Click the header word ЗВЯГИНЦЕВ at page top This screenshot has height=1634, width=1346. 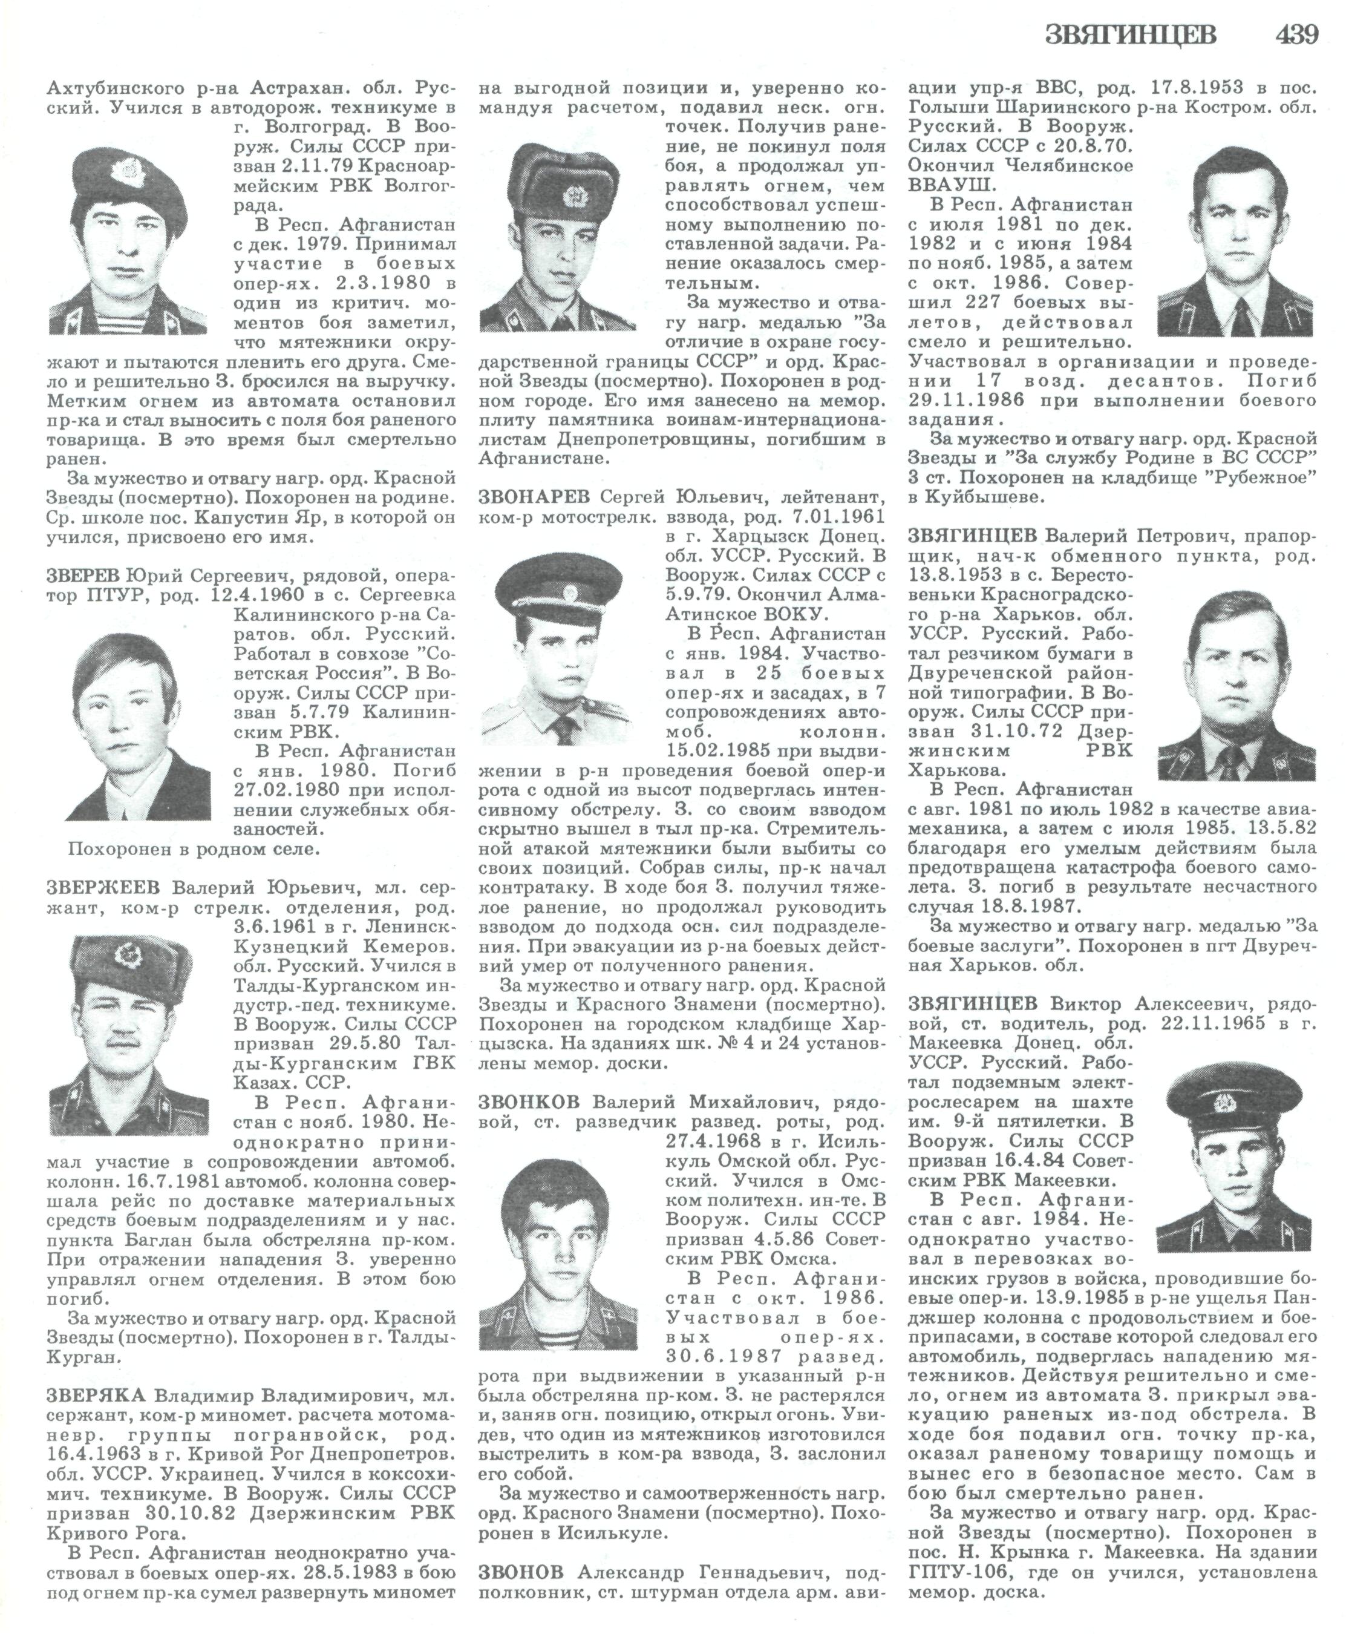pos(1131,36)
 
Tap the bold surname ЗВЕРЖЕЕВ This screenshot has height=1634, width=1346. pos(105,887)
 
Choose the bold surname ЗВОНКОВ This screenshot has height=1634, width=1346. pos(531,1102)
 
